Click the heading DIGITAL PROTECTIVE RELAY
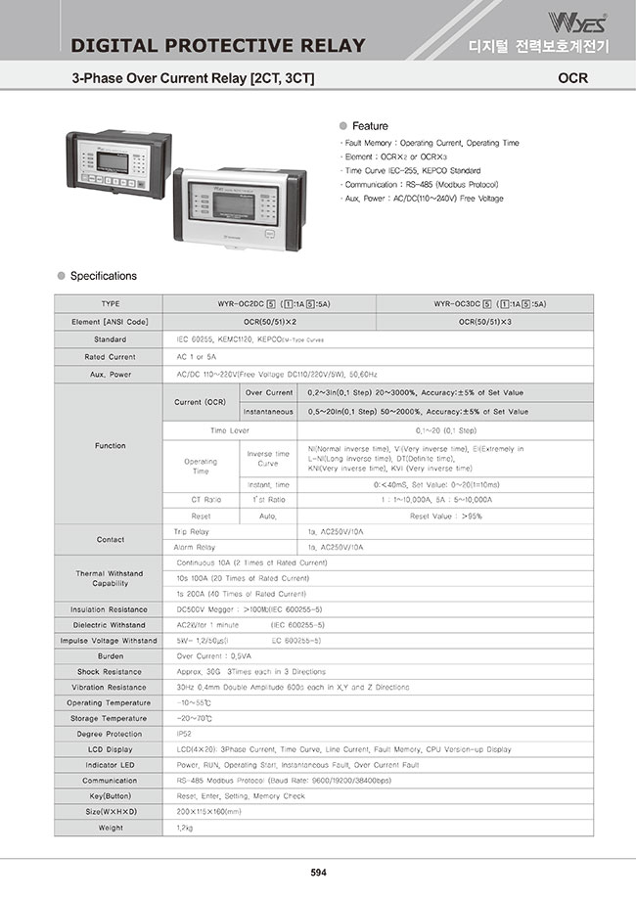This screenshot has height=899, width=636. (x=219, y=46)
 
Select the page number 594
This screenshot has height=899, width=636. (x=318, y=873)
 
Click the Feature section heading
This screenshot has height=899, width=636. (x=370, y=126)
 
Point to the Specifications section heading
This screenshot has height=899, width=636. (x=104, y=276)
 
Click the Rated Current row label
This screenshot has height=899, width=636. (x=110, y=357)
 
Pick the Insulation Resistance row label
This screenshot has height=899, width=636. (x=110, y=608)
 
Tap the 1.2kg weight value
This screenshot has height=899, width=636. (x=185, y=828)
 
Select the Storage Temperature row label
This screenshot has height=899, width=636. (x=110, y=718)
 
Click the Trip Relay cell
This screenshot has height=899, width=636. (x=194, y=530)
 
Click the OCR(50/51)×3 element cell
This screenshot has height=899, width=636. (x=485, y=321)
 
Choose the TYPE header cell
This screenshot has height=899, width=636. (x=110, y=304)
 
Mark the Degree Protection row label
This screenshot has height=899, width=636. (x=110, y=734)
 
